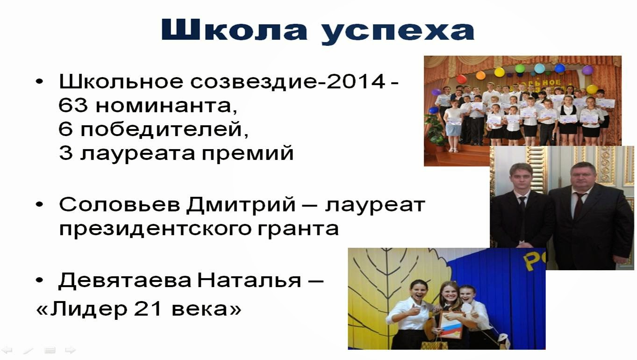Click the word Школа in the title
coord(234,30)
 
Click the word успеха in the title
coord(398,32)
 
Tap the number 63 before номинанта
coord(73,105)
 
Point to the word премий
coord(247,154)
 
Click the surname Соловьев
coord(120,204)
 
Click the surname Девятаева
coord(125,281)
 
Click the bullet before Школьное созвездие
coord(40,82)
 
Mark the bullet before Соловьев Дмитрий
coord(40,204)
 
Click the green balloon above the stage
coord(520,68)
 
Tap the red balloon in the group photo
coord(462,79)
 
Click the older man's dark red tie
coord(578,205)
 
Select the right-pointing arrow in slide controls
coord(70,350)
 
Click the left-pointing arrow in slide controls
coord(7,350)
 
